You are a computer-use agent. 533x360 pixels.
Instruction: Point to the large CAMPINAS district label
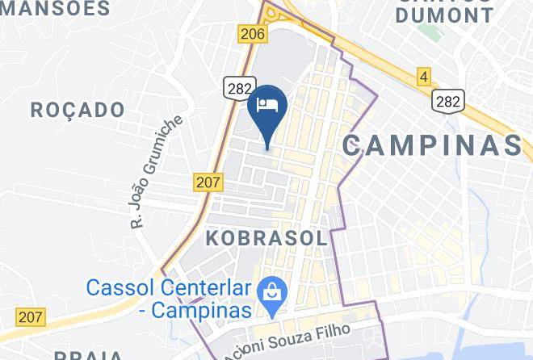pos(432,145)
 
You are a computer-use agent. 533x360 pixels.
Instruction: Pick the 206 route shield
pos(252,33)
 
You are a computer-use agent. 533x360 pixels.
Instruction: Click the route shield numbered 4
pos(424,77)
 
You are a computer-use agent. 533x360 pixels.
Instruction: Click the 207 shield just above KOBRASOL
pos(208,182)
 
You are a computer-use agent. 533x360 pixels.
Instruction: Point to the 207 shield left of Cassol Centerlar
pos(31,316)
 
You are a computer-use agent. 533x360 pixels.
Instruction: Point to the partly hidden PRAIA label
pos(89,355)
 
